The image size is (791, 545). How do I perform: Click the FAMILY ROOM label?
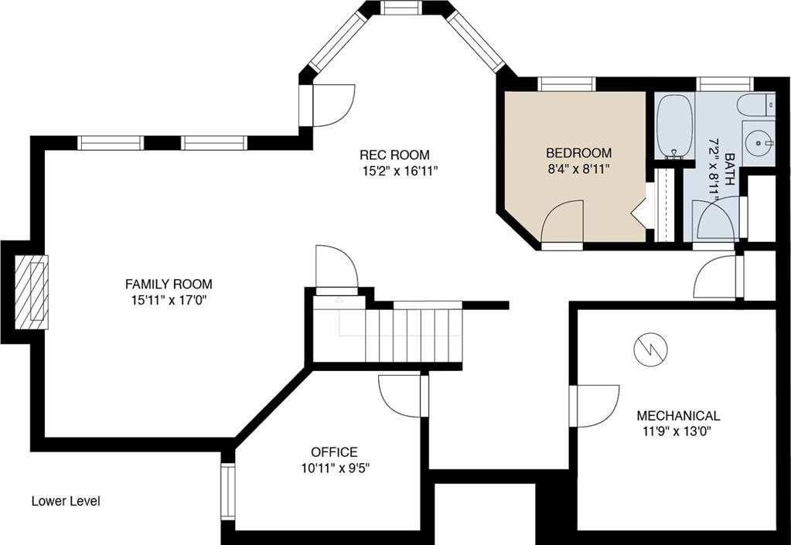(169, 284)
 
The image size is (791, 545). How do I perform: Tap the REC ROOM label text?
(394, 155)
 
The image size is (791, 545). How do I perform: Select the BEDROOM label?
(579, 153)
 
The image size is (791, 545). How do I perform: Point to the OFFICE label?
(335, 451)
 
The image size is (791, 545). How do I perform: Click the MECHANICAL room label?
(679, 416)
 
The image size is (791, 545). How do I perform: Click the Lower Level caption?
(66, 501)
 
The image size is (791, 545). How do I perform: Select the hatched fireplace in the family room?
(31, 292)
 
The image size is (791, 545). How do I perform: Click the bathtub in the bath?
(675, 126)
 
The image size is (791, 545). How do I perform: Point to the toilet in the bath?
(755, 105)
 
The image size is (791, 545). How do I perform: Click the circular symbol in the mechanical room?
(651, 349)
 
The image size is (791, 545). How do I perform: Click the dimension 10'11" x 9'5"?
(336, 468)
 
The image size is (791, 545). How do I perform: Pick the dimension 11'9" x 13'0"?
(677, 432)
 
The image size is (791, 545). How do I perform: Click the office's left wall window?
(228, 492)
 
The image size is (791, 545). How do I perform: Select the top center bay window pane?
(401, 8)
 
